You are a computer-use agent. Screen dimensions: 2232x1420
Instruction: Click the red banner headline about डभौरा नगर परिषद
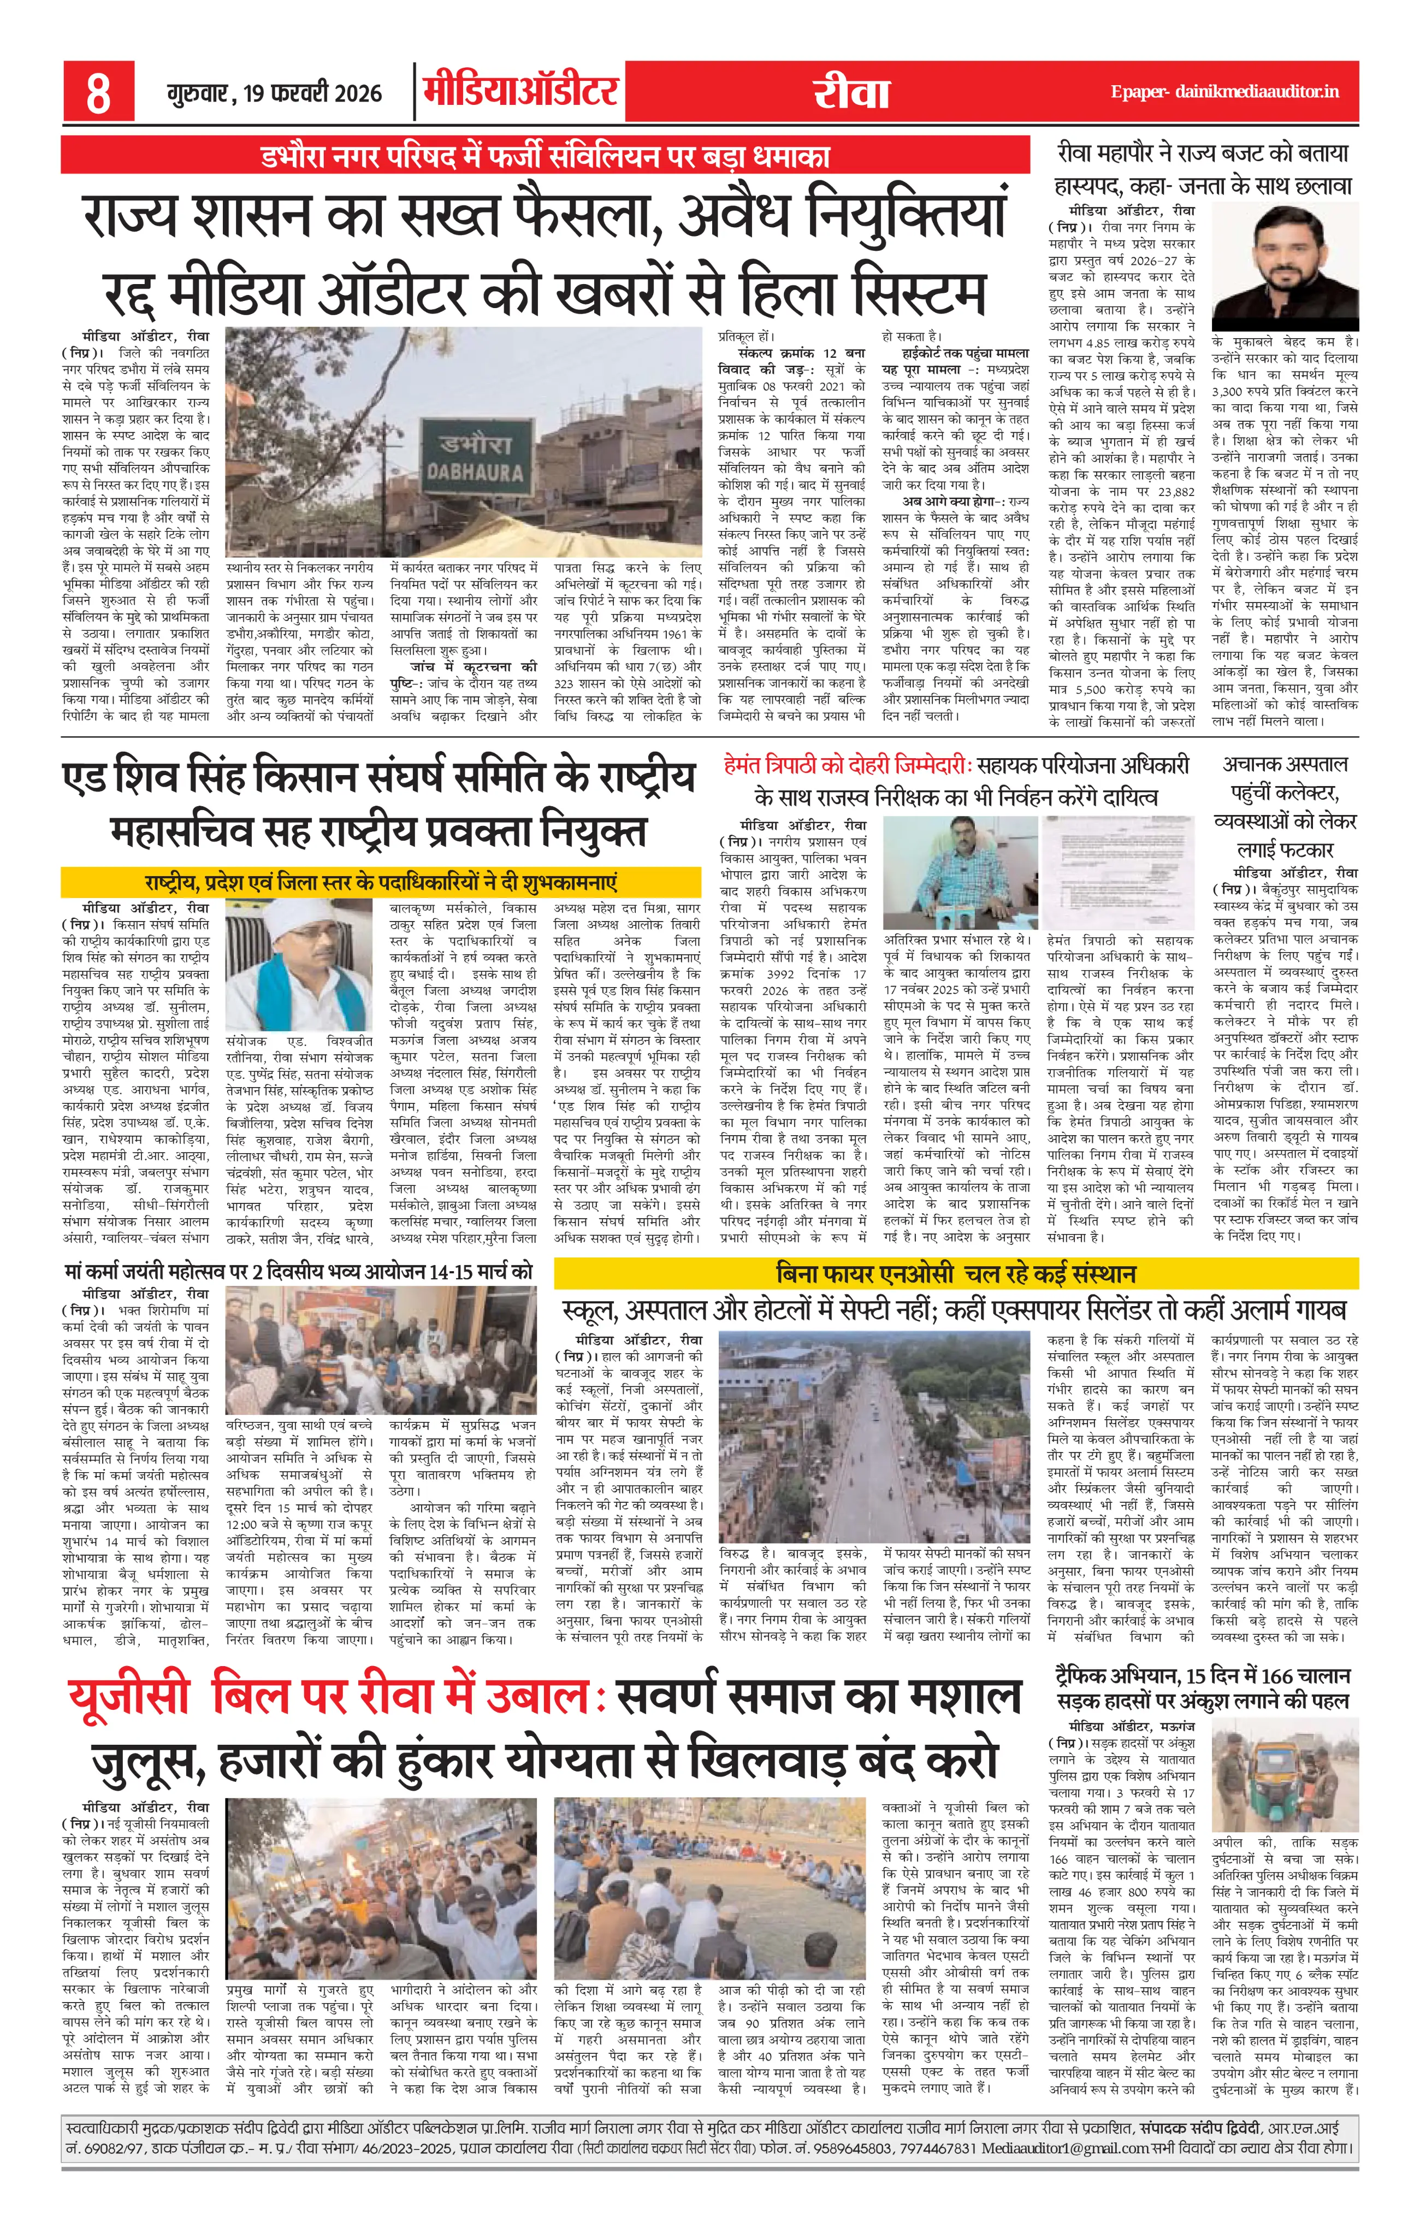[545, 155]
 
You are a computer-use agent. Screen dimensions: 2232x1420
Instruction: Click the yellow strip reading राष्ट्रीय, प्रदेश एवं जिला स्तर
[380, 881]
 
